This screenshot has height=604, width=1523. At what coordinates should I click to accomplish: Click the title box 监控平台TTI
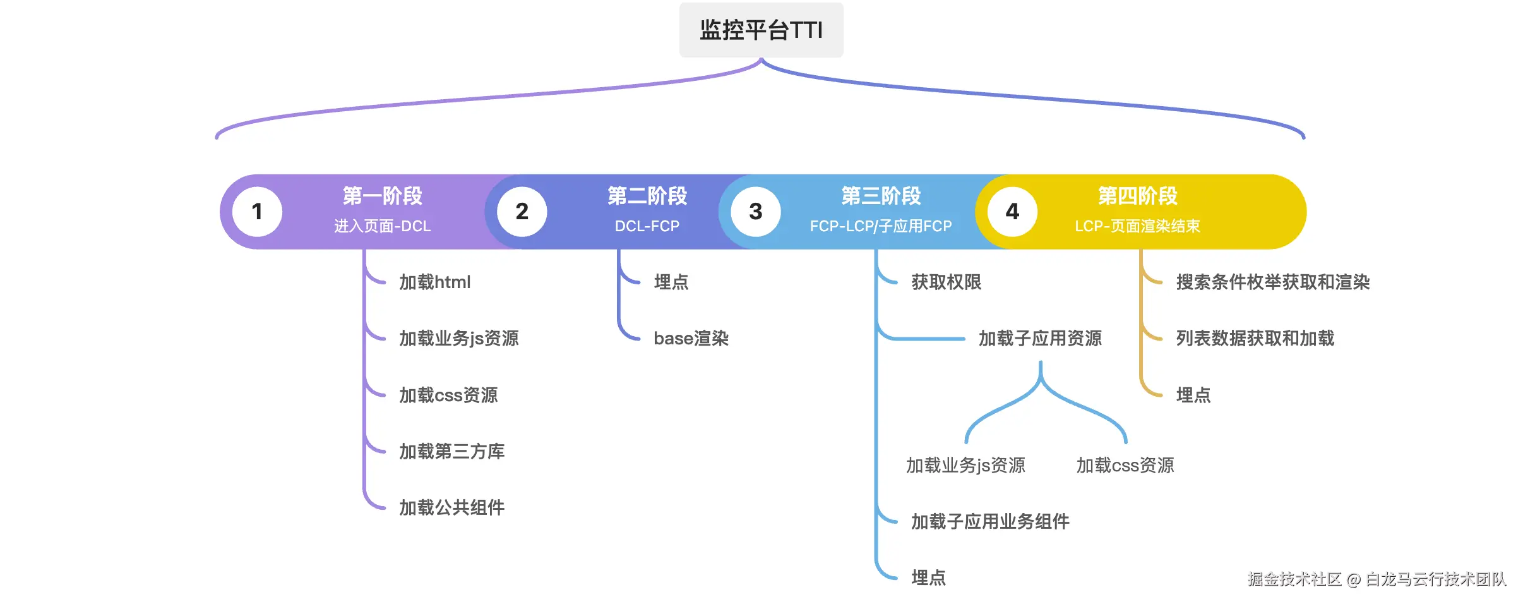pyautogui.click(x=761, y=30)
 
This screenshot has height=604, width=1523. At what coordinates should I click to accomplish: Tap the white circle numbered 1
pyautogui.click(x=257, y=212)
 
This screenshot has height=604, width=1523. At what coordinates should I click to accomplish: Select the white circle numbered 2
pyautogui.click(x=522, y=212)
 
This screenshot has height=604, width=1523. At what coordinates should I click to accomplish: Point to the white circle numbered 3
pyautogui.click(x=755, y=212)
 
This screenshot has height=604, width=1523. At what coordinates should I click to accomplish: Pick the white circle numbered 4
pyautogui.click(x=1012, y=212)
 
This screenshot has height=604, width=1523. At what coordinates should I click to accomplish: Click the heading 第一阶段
pyautogui.click(x=382, y=196)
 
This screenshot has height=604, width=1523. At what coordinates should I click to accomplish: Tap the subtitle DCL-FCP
pyautogui.click(x=647, y=226)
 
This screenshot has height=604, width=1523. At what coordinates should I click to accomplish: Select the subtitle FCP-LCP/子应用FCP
pyautogui.click(x=881, y=226)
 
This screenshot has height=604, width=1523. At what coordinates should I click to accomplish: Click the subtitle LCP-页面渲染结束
pyautogui.click(x=1137, y=226)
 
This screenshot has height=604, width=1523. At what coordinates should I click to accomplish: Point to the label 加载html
pyautogui.click(x=435, y=282)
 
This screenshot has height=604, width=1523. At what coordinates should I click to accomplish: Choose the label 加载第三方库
pyautogui.click(x=452, y=451)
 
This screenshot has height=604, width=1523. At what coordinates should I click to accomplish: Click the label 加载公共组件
pyautogui.click(x=452, y=507)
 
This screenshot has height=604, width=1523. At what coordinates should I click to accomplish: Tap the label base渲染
pyautogui.click(x=691, y=339)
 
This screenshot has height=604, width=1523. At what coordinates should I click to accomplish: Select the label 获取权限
pyautogui.click(x=947, y=282)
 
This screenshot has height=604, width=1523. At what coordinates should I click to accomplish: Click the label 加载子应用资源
pyautogui.click(x=1040, y=339)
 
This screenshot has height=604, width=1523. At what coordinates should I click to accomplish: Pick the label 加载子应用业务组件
pyautogui.click(x=990, y=521)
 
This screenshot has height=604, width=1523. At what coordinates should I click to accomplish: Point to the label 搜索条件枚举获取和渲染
pyautogui.click(x=1273, y=282)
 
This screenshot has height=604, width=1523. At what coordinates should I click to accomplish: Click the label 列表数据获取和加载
pyautogui.click(x=1255, y=339)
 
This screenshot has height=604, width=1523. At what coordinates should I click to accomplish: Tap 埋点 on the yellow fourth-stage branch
pyautogui.click(x=1193, y=395)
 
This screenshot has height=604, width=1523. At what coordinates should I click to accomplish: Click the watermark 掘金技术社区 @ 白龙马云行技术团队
pyautogui.click(x=1377, y=579)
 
